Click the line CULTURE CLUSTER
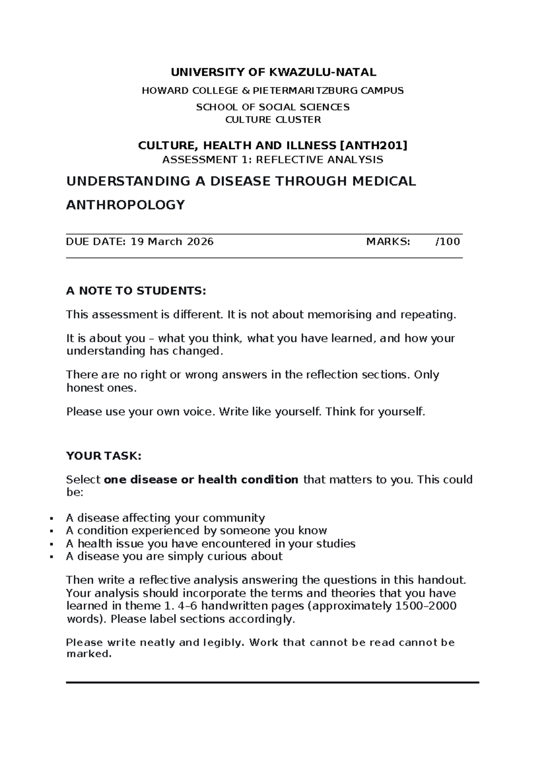(273, 120)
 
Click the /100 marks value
(448, 242)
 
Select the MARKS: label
(388, 242)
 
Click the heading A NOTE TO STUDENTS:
(136, 291)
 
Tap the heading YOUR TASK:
(104, 456)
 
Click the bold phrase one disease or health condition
(201, 480)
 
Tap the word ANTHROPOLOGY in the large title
(125, 205)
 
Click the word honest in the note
(83, 388)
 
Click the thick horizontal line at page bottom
(273, 683)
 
